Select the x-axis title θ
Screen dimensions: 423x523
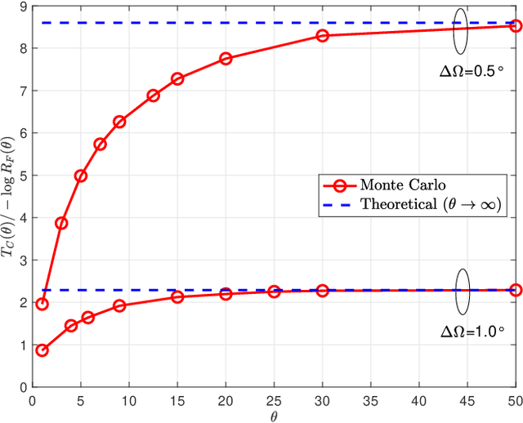[x=275, y=416]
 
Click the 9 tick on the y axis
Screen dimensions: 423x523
[x=23, y=7]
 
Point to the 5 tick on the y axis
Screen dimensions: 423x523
[x=23, y=176]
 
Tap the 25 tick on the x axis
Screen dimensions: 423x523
[x=274, y=400]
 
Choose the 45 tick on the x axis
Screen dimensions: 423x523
[x=467, y=400]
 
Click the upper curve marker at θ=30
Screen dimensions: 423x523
[x=322, y=36]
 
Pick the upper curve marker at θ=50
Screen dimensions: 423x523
[x=515, y=26]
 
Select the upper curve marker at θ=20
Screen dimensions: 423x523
[x=226, y=59]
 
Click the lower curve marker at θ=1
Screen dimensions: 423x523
[x=42, y=350]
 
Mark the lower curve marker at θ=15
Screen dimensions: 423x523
[x=177, y=297]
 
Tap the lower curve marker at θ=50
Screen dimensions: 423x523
[x=515, y=290]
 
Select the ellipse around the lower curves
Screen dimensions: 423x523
[x=462, y=289]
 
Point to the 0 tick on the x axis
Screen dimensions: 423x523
[x=33, y=400]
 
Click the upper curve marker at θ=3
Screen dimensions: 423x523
[x=61, y=223]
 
